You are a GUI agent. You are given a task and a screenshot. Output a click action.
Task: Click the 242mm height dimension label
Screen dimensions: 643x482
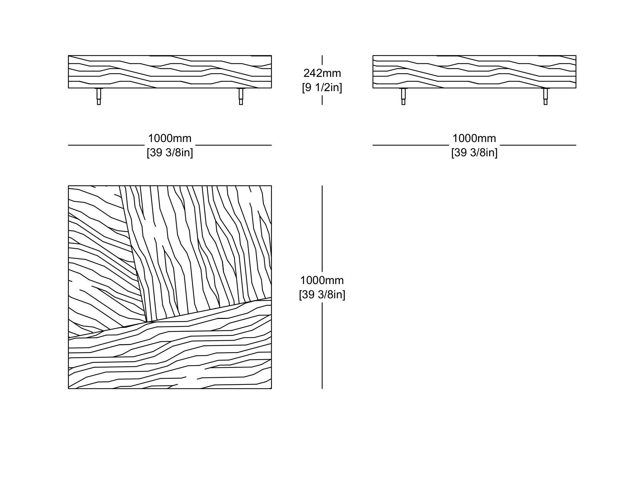(x=322, y=73)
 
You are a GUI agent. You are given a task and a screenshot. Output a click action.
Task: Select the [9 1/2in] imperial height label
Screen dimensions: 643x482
(x=322, y=87)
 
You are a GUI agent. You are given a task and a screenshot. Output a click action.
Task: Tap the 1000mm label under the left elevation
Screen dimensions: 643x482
(x=170, y=138)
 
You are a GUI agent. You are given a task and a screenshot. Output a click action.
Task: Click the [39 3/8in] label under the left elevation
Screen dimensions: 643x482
(x=170, y=152)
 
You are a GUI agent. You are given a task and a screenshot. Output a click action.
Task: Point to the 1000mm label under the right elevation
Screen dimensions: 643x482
(x=474, y=138)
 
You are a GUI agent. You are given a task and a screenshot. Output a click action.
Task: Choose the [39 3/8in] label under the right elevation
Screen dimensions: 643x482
(x=474, y=152)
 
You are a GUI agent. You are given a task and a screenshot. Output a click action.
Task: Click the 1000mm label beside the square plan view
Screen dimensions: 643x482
(x=322, y=280)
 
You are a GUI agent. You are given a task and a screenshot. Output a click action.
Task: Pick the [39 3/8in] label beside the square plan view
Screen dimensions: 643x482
(x=322, y=294)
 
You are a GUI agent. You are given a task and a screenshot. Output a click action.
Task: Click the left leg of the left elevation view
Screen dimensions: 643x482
(x=99, y=96)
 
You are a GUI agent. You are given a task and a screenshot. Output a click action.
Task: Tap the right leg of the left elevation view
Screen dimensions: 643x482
(x=241, y=96)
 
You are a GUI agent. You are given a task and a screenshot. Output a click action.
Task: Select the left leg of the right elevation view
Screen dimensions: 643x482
(x=403, y=96)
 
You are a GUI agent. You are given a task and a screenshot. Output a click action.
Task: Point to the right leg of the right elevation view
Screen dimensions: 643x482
(x=545, y=96)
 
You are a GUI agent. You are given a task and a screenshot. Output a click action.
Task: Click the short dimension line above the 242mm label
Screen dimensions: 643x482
(x=322, y=60)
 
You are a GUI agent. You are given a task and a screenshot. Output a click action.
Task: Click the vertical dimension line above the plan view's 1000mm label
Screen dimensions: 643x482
(x=322, y=229)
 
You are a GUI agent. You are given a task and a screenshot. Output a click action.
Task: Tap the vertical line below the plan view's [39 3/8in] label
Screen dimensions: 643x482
(x=322, y=346)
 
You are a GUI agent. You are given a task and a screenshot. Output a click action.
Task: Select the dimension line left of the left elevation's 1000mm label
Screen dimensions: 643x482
(x=106, y=145)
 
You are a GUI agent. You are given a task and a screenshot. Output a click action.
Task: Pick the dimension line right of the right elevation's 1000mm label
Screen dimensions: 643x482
(x=538, y=145)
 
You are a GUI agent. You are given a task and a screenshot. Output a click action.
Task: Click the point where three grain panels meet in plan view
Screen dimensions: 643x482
(x=147, y=322)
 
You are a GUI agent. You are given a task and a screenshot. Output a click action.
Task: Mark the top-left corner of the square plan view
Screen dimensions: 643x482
(x=68, y=186)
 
